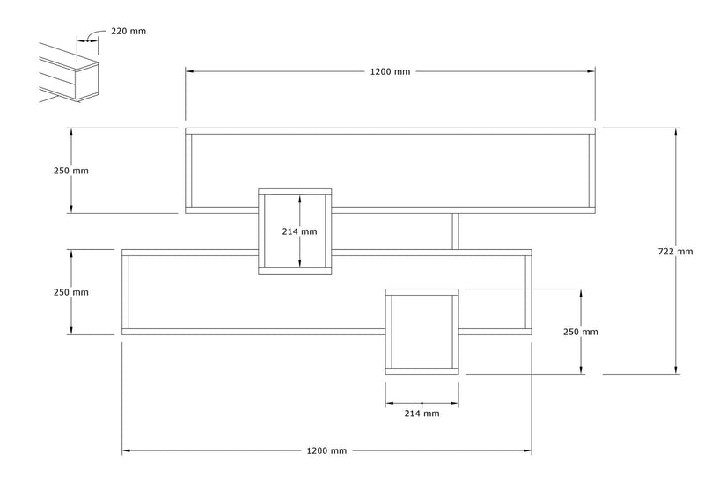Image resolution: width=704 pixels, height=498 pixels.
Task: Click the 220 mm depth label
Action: pos(128,31)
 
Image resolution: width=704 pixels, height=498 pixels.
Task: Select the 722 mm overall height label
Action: pos(675,252)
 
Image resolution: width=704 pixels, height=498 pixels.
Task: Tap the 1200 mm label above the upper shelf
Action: pos(390,71)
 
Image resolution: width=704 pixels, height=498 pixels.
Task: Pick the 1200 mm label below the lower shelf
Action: pos(326,450)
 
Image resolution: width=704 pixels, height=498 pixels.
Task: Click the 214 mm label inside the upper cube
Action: pos(299,231)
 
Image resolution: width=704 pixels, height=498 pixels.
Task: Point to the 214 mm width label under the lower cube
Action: pos(422,414)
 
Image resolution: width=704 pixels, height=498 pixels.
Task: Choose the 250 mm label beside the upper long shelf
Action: pos(71,171)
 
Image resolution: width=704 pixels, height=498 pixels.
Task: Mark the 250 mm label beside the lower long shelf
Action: pos(71,292)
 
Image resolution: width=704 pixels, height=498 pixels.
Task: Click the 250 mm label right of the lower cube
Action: pos(581,332)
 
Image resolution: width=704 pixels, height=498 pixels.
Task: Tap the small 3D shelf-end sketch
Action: pos(69,73)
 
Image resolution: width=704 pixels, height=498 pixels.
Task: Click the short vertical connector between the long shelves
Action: pos(455,231)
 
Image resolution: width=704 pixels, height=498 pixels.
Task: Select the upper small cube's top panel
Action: pos(295,192)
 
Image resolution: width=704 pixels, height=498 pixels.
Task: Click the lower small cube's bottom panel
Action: pos(422,371)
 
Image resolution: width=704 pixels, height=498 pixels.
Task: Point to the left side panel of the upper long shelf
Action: pos(188,171)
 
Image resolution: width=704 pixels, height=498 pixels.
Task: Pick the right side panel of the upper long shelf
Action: pos(592,171)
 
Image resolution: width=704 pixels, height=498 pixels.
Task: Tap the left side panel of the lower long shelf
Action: pos(125,292)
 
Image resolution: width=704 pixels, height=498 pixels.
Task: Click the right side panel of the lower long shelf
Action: pos(529,292)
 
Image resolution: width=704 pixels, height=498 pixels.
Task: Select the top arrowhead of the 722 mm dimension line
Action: pos(676,131)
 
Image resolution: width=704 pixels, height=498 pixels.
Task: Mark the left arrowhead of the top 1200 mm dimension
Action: pos(189,71)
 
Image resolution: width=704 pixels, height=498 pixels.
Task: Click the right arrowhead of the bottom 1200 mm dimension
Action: pos(528,450)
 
